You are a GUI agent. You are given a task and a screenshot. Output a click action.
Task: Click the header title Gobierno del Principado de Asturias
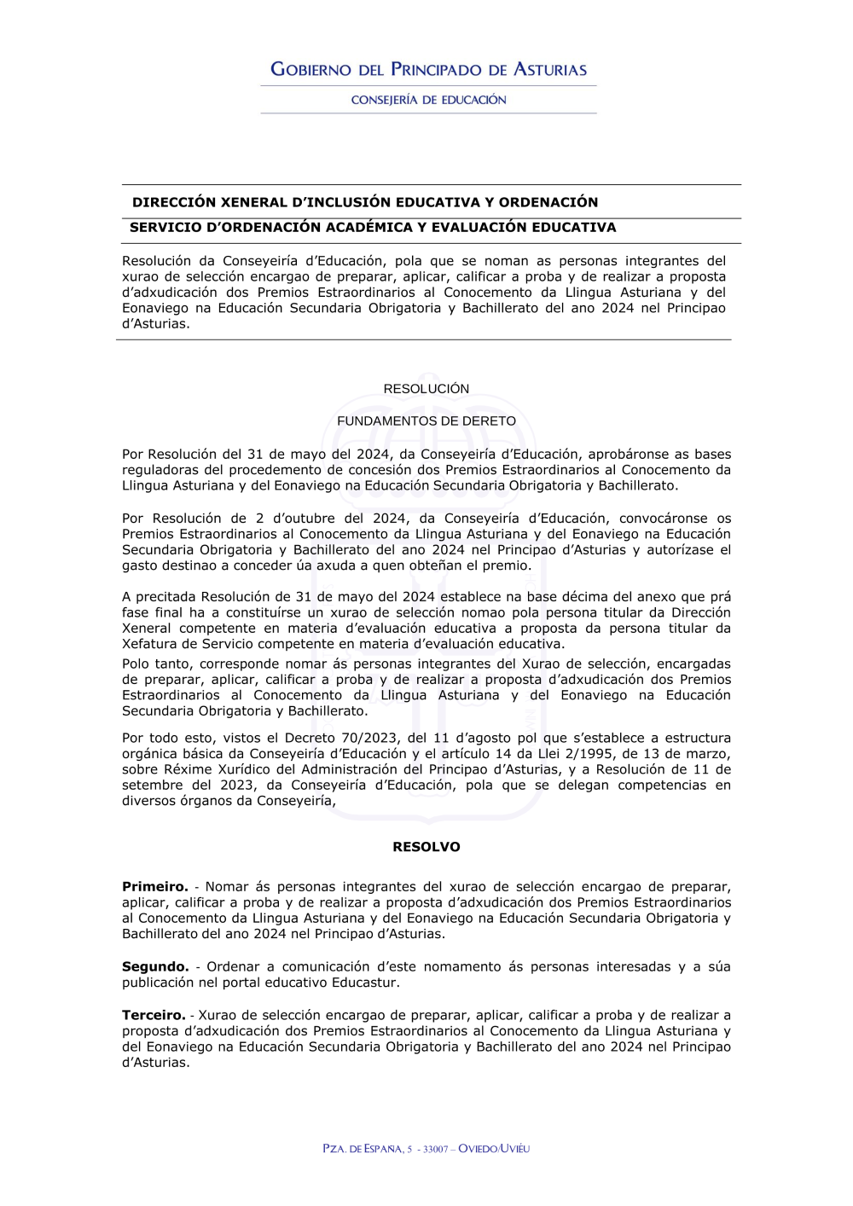tap(428, 69)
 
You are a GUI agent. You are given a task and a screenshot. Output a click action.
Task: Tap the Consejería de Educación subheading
tap(428, 100)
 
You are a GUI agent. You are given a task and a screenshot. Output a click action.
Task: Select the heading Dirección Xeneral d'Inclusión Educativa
tap(365, 202)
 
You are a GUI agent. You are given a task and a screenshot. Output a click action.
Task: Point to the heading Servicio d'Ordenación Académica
tap(373, 227)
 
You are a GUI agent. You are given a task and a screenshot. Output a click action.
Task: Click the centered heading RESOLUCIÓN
tap(426, 389)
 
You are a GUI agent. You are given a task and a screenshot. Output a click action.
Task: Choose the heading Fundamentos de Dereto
tap(426, 421)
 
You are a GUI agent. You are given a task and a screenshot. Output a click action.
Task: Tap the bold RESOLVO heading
tap(426, 847)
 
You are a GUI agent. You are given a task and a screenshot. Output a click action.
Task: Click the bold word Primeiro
tap(154, 887)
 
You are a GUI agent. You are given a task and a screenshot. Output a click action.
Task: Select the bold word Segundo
tap(155, 966)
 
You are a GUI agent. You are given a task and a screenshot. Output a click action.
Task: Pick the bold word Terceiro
tap(154, 1015)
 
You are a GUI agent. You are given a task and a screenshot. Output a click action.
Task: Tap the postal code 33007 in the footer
tap(435, 1149)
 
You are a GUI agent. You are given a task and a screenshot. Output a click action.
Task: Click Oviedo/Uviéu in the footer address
tap(494, 1149)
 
